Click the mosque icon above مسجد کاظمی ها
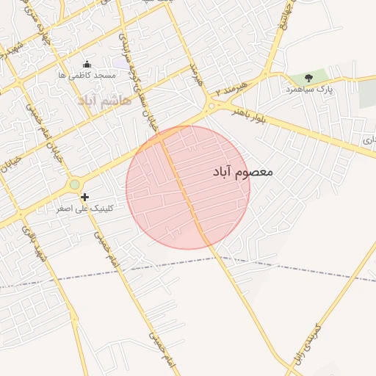click(87, 65)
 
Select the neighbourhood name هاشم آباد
click(104, 99)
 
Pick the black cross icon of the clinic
click(85, 197)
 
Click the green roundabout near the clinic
click(74, 184)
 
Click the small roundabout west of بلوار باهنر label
click(211, 107)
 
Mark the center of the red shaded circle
click(188, 187)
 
